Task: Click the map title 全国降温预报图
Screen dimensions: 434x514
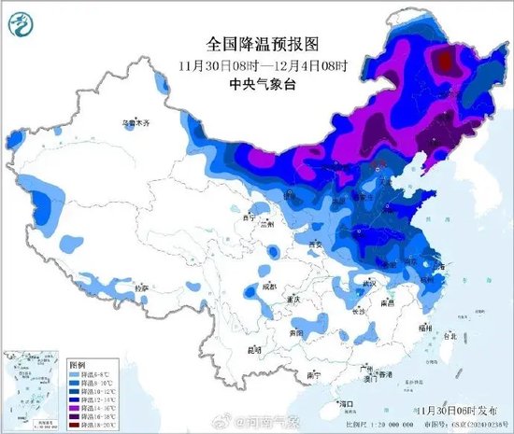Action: [x=263, y=44]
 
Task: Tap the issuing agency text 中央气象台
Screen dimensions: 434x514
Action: [x=263, y=83]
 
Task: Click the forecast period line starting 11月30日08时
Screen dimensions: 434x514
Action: [x=263, y=64]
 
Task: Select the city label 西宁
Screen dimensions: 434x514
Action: [x=248, y=217]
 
